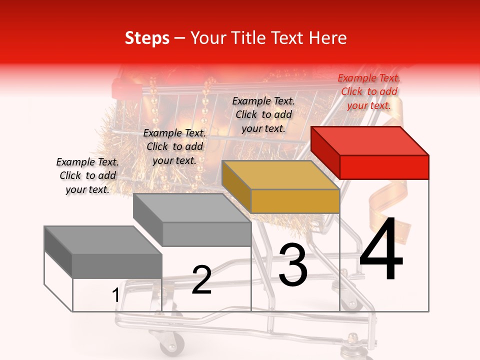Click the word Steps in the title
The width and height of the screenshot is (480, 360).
tap(147, 38)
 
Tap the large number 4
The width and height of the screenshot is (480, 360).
tap(381, 250)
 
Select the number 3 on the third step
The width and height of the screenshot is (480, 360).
tap(293, 265)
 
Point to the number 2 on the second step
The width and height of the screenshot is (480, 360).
tap(202, 280)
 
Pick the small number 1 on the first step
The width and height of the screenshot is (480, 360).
tap(116, 295)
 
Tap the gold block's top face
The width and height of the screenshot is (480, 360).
tap(280, 175)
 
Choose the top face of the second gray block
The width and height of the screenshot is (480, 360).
tap(192, 207)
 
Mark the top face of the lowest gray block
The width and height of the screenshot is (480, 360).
tap(103, 240)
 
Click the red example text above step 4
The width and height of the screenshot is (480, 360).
tap(369, 91)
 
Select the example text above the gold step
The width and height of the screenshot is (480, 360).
tap(263, 114)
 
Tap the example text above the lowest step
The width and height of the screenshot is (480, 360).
tap(87, 175)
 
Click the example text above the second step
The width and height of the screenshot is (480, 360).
tap(174, 146)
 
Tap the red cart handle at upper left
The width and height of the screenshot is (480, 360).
tap(123, 87)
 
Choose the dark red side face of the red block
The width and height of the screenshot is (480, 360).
tap(325, 152)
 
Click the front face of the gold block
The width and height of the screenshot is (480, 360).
tap(295, 201)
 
